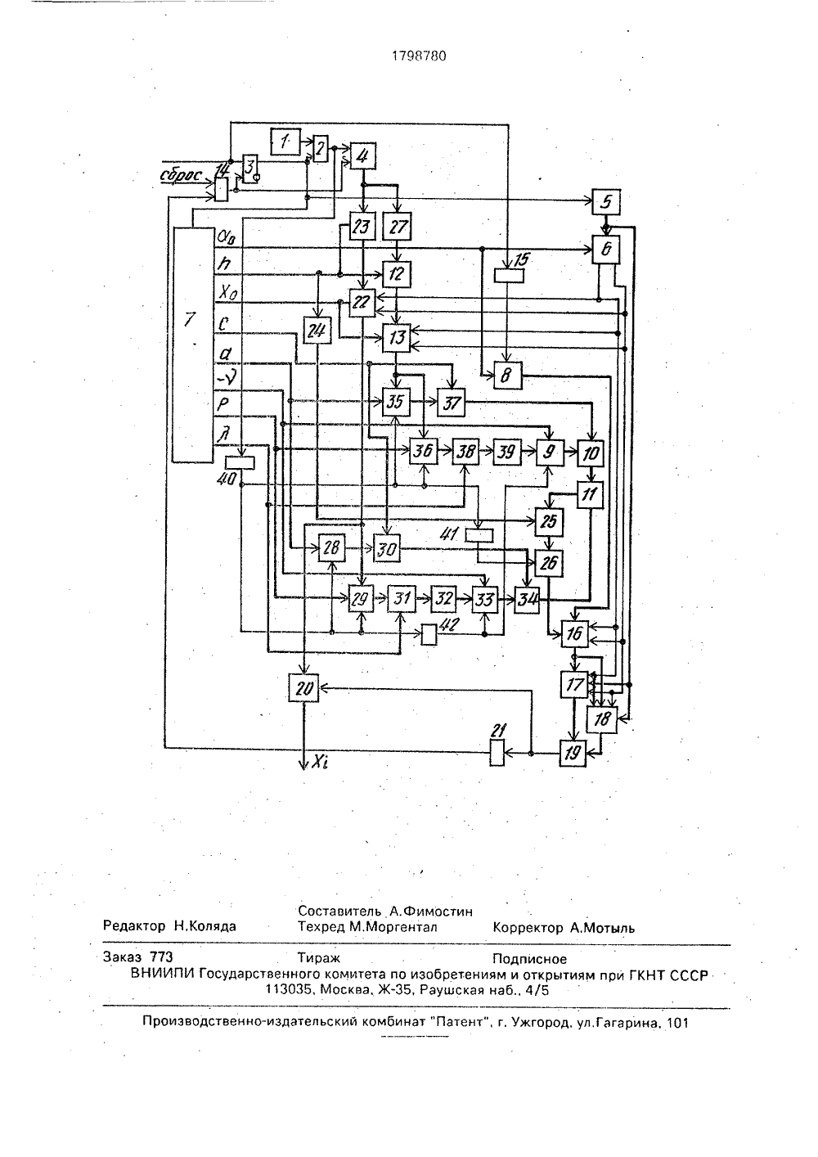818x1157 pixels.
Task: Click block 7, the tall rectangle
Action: click(x=192, y=344)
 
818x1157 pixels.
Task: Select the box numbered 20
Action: click(x=303, y=687)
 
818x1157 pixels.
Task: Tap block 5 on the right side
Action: click(x=606, y=202)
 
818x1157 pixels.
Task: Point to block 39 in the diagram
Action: click(x=506, y=452)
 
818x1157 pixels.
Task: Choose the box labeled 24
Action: click(x=317, y=331)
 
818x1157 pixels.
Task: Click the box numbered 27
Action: click(x=397, y=226)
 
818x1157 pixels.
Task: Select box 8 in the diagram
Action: click(x=508, y=375)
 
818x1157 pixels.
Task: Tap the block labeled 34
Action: click(x=527, y=600)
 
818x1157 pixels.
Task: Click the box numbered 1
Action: click(x=285, y=141)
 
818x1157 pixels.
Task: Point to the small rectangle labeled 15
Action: click(x=509, y=276)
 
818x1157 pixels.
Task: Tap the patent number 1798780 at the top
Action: click(x=419, y=56)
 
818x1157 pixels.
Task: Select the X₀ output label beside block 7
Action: click(x=227, y=294)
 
